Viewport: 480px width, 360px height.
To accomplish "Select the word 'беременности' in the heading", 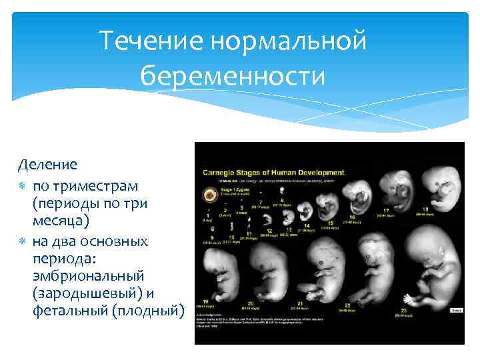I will click(x=233, y=75).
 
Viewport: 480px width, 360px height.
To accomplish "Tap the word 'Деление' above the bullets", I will click(x=48, y=164).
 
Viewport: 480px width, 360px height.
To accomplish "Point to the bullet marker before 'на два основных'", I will click(x=23, y=241).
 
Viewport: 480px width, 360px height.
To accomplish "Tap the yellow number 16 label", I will click(x=351, y=217).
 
